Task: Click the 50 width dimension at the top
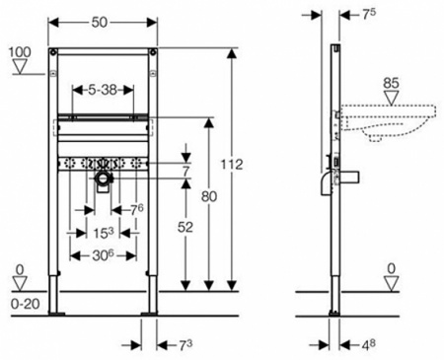[x=100, y=23]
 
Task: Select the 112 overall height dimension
[x=232, y=165]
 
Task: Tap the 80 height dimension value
[x=209, y=196]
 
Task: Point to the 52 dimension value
[x=185, y=227]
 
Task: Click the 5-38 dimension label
[x=104, y=90]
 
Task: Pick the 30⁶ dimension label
[x=101, y=255]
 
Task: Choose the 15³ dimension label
[x=103, y=233]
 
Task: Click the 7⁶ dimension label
[x=137, y=209]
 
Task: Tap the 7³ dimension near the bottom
[x=185, y=345]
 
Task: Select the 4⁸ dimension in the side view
[x=368, y=345]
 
